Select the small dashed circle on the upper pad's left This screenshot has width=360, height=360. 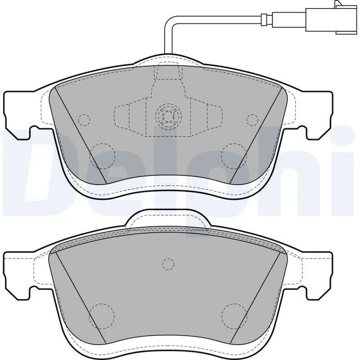tap(84, 120)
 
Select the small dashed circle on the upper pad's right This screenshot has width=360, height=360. tap(252, 120)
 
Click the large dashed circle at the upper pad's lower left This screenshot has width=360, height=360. tap(103, 155)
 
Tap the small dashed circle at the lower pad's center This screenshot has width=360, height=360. tap(168, 264)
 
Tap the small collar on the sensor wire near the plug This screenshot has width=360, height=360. tap(265, 19)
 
